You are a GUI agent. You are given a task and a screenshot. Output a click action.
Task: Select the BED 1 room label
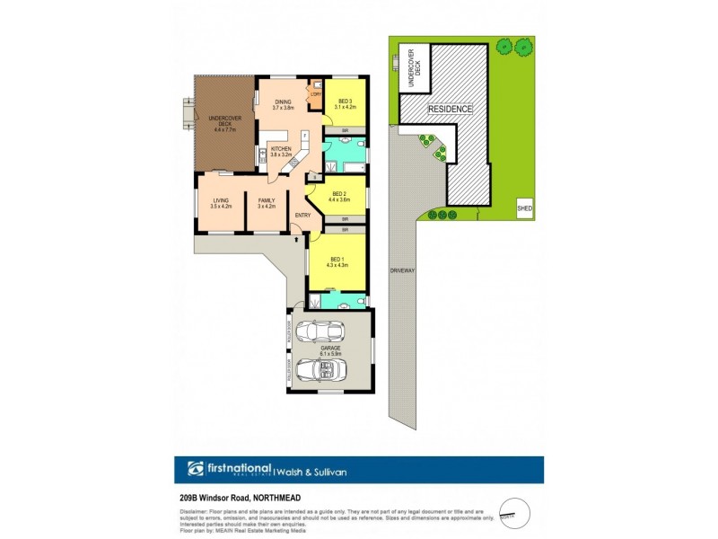337,260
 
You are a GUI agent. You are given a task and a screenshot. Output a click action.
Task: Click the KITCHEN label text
282,151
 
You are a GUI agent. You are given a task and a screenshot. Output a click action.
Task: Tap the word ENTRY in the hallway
302,215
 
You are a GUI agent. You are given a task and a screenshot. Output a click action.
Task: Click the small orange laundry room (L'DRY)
316,93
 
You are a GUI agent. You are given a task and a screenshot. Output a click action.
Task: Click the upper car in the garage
321,332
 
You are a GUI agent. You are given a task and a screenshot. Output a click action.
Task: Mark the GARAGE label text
331,351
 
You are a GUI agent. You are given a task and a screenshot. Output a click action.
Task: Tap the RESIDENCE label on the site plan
449,109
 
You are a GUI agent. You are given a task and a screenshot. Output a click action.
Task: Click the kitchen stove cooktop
262,156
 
